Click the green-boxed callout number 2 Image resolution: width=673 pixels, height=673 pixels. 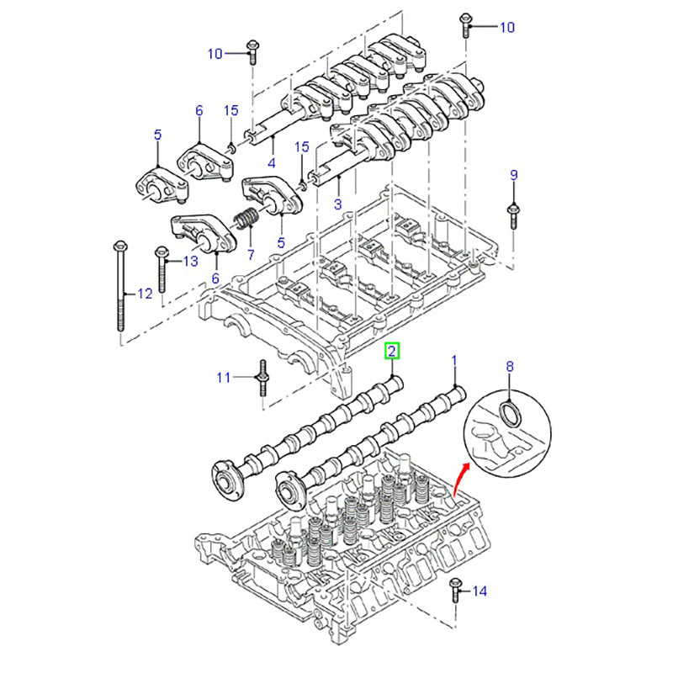(392, 352)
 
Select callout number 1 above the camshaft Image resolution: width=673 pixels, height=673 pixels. (454, 362)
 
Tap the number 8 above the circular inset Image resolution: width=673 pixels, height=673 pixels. (509, 367)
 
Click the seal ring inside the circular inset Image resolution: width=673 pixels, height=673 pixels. (510, 413)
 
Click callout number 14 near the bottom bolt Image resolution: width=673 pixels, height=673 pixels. (480, 592)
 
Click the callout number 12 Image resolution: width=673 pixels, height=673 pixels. (145, 294)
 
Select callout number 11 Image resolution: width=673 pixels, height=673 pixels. (223, 378)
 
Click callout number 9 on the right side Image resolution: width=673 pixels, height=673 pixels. (513, 175)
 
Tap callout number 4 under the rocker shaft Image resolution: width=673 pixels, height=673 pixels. (272, 162)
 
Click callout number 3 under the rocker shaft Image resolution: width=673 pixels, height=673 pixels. (337, 204)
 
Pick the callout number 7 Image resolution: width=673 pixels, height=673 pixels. (250, 253)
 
